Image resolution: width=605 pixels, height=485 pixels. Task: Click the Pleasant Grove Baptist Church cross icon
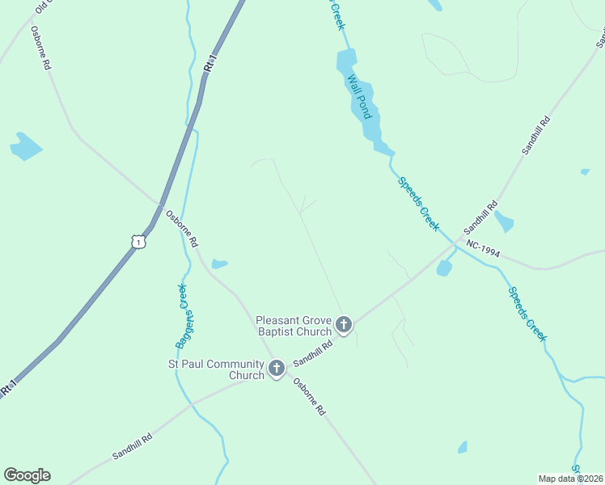point(344,325)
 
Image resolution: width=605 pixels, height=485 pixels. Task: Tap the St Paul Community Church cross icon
point(276,369)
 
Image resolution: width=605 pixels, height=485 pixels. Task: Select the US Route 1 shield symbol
point(139,242)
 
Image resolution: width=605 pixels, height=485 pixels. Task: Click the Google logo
point(27,475)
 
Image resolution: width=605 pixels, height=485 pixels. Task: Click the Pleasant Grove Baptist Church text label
point(294,326)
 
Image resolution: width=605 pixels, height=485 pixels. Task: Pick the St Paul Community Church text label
point(216,369)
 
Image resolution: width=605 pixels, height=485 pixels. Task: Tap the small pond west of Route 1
point(25,146)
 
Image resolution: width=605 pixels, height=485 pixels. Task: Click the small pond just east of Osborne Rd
point(219,264)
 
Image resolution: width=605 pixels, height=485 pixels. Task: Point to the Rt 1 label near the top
point(211,65)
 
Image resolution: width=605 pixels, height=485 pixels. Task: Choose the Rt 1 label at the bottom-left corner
point(9,387)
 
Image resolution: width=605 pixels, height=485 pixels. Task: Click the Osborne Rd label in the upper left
point(40,48)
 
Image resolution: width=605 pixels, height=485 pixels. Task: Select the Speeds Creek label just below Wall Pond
point(418,202)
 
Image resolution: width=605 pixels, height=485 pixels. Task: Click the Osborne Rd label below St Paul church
point(309,397)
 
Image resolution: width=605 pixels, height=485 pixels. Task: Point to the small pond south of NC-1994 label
point(443,268)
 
